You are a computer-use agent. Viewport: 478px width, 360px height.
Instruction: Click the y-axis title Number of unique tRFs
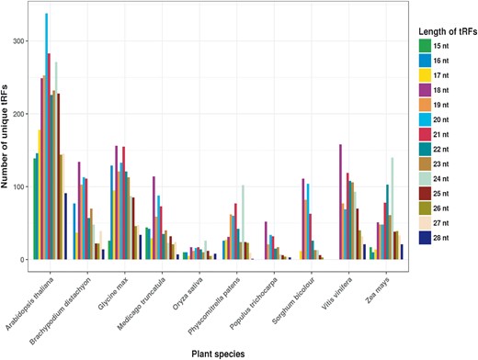pos(7,136)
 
